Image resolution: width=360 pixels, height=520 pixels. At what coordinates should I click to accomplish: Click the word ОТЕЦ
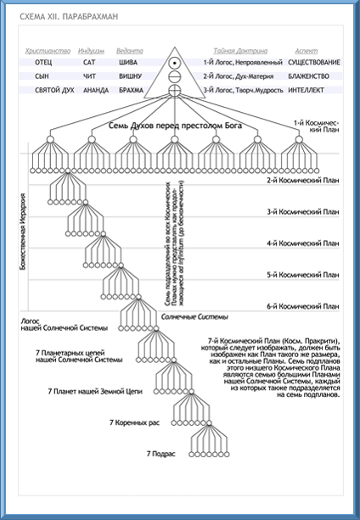click(42, 63)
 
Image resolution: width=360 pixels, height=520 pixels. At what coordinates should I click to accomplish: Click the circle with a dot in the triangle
click(173, 63)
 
